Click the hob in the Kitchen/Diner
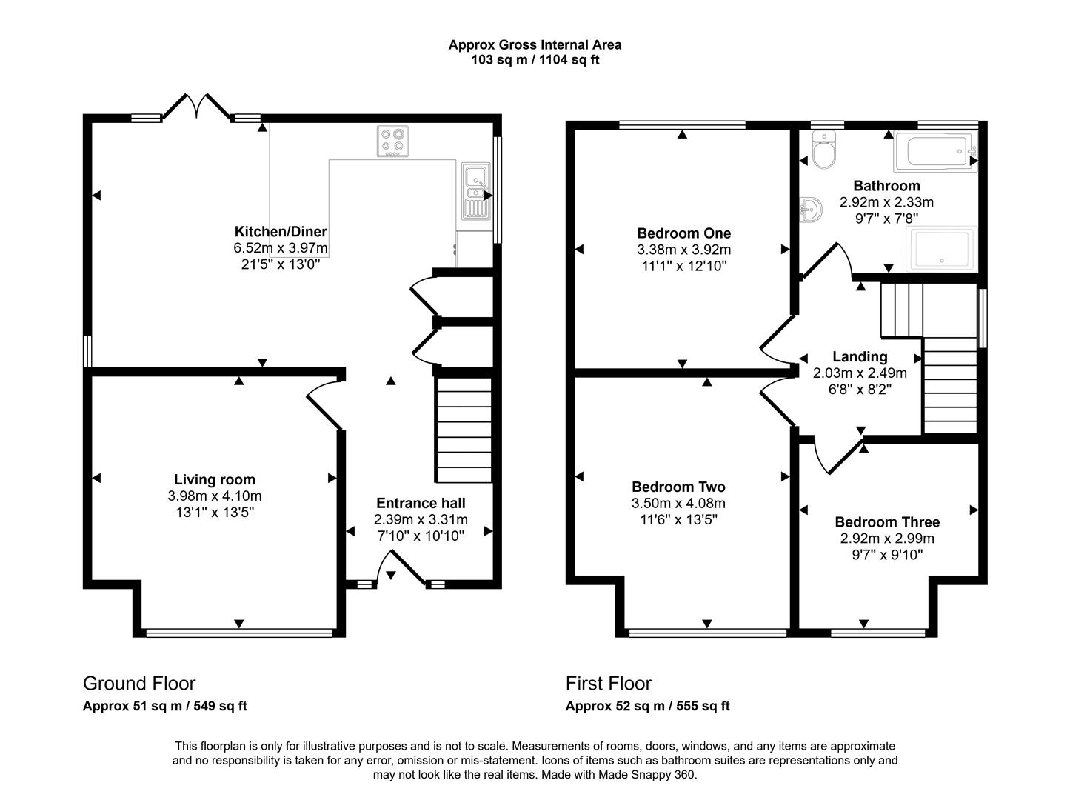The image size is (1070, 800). pos(392,141)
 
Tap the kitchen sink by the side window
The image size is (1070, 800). pos(474,191)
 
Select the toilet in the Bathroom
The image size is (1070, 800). pos(823,150)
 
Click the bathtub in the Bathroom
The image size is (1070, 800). pos(935,152)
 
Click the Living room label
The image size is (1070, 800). pos(215,480)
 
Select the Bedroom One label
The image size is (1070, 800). pos(683,234)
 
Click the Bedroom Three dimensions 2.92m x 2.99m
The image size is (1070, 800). pos(886,539)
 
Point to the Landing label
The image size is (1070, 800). pos(859,357)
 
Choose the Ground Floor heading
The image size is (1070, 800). pos(139,683)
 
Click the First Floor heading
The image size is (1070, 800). pos(609,683)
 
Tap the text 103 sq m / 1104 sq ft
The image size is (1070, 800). pos(535,60)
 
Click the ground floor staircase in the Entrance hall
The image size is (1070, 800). pos(464,430)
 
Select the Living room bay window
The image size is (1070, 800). pos(238,633)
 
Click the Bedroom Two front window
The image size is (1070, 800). pos(707,633)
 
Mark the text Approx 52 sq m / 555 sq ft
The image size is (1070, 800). pos(647,706)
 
